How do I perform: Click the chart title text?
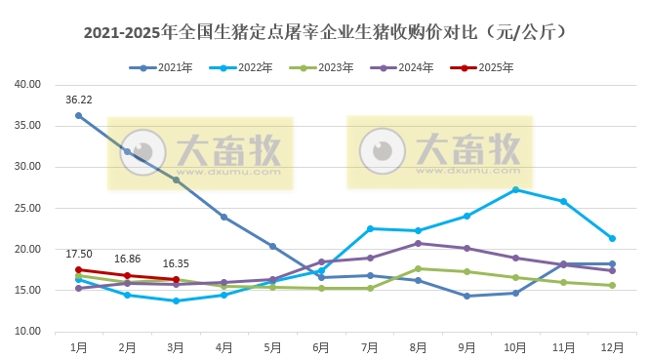[323, 32]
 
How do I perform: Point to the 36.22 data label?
[79, 100]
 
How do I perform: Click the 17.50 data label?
[79, 255]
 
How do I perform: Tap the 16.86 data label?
[128, 260]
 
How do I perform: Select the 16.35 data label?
[176, 263]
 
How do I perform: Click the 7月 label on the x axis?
[369, 347]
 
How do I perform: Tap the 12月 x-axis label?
[611, 347]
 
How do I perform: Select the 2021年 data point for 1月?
[79, 115]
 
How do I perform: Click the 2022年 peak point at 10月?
[515, 189]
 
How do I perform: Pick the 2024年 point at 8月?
[418, 243]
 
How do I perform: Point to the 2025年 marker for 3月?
[176, 279]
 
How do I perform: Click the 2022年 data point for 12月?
[612, 238]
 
